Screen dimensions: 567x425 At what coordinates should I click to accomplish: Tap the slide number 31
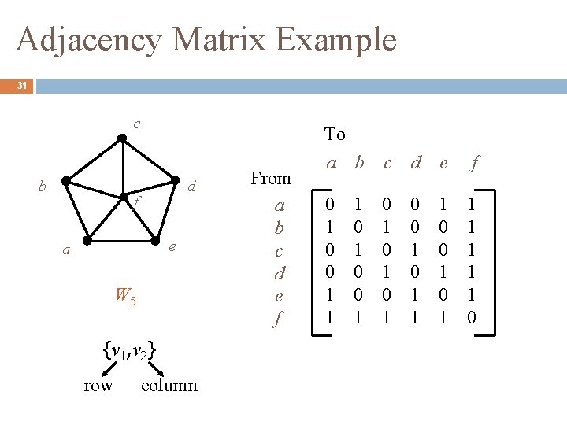point(23,87)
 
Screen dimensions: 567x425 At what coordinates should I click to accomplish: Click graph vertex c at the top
point(121,139)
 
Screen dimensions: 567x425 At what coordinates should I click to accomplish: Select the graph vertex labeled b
point(66,181)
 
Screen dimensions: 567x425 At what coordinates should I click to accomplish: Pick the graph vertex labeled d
point(175,182)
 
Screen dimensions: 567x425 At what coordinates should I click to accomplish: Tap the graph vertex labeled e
point(153,238)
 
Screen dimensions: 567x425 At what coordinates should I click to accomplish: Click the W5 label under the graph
point(125,296)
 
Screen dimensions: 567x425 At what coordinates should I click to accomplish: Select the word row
point(98,386)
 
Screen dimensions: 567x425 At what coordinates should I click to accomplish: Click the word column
point(169,386)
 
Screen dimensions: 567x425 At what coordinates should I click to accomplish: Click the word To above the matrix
point(335,135)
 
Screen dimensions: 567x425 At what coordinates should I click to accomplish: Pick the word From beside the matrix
point(270,179)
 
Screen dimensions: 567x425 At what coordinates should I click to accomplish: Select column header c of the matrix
point(387,164)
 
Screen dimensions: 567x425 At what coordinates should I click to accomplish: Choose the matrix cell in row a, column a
point(331,204)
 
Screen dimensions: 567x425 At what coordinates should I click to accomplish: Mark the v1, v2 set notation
point(129,349)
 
